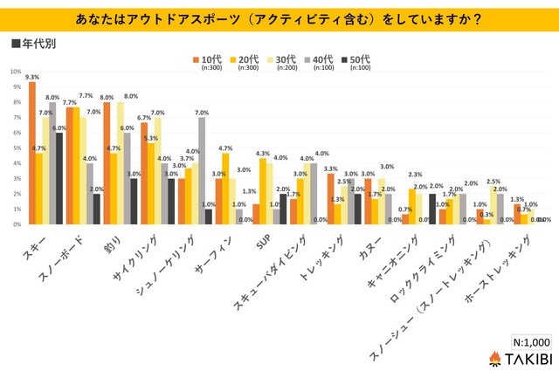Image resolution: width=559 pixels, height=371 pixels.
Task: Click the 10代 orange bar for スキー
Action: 32,153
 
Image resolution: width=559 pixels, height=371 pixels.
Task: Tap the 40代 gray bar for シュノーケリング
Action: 202,170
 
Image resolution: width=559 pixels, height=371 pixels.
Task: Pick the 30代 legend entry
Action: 279,59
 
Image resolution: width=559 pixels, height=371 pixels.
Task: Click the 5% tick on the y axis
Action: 16,148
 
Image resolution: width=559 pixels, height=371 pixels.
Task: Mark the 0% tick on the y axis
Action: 16,224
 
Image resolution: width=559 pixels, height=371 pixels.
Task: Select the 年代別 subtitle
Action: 35,42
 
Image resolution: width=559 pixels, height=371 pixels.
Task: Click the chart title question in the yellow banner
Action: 279,16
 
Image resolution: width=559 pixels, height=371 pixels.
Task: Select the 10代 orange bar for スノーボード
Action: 70,165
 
